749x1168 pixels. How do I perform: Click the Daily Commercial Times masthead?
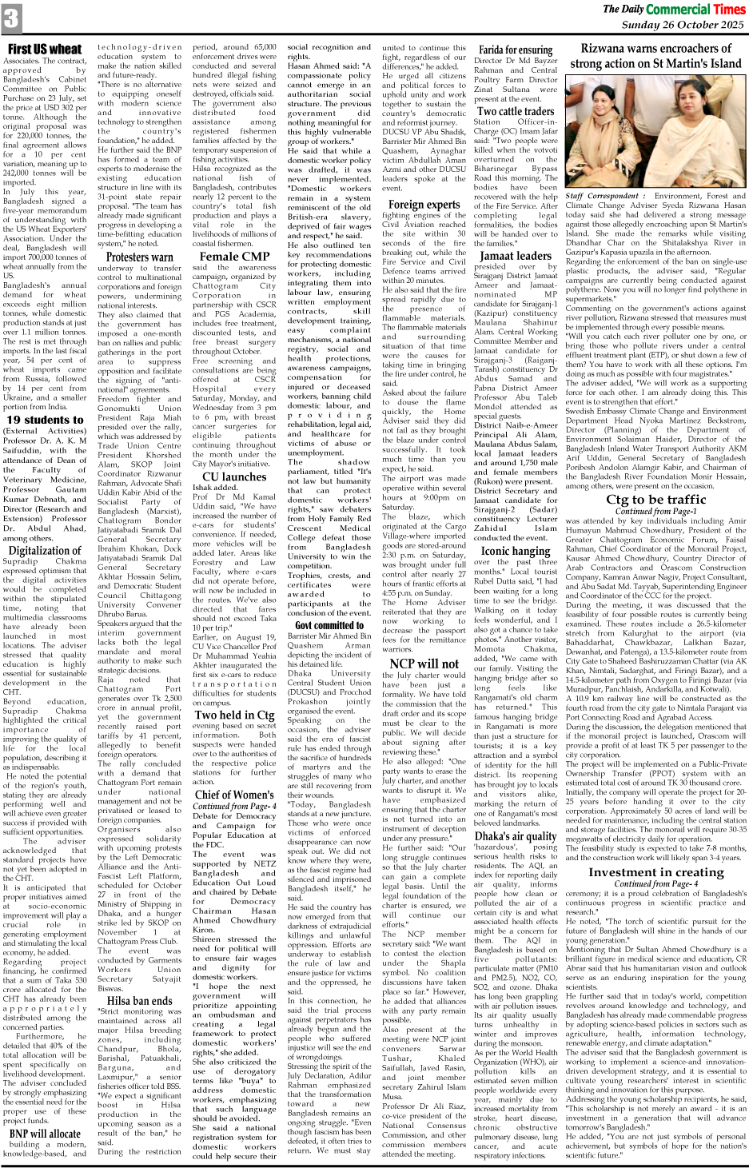tap(673, 9)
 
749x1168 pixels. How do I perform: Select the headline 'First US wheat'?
tap(45, 50)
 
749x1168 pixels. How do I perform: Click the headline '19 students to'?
tap(45, 419)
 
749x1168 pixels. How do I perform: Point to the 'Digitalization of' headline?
tap(45, 550)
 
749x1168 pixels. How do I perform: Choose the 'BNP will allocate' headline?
tap(45, 1133)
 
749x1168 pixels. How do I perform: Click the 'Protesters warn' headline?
tap(139, 257)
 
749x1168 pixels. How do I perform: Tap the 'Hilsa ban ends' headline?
tap(139, 1000)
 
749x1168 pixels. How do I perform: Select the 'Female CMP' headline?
tap(234, 257)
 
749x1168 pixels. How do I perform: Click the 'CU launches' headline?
tap(234, 476)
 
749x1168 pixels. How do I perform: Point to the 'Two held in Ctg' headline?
tap(234, 715)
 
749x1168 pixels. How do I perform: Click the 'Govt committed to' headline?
tap(329, 625)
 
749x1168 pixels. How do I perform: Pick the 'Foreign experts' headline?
tap(424, 204)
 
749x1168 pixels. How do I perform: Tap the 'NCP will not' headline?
tap(424, 663)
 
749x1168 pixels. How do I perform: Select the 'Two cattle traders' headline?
tap(516, 111)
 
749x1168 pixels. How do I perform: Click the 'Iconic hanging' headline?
tap(516, 551)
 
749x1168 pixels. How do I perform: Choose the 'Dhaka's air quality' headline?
tap(516, 836)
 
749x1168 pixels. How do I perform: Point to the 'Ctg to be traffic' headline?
tap(655, 500)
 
